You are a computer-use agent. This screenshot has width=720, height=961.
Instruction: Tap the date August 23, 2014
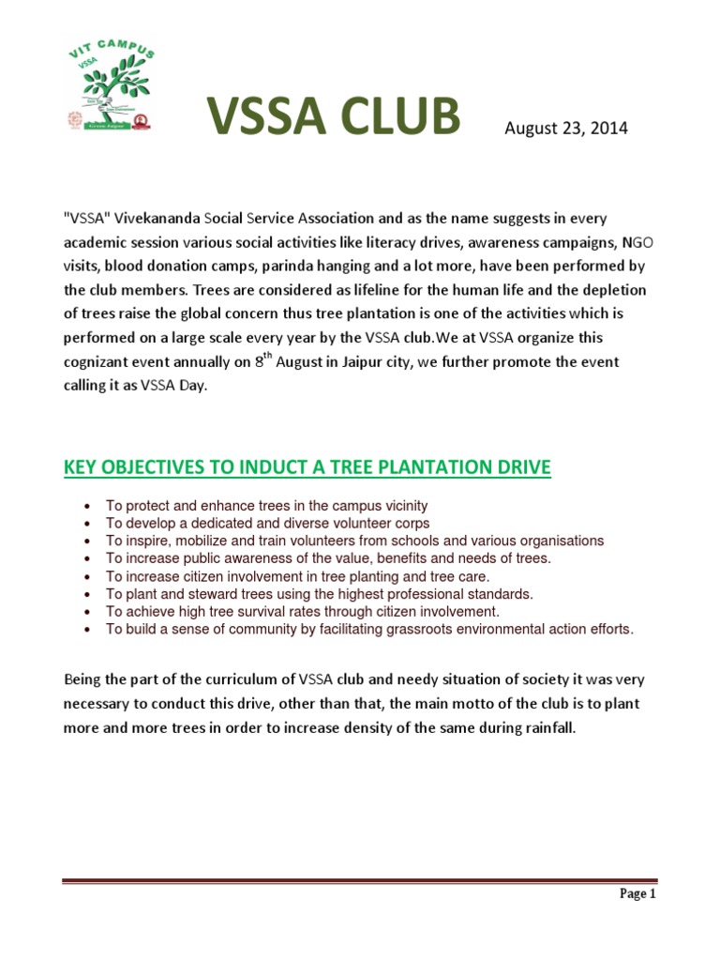[x=566, y=129]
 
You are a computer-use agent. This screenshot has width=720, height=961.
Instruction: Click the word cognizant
[x=101, y=361]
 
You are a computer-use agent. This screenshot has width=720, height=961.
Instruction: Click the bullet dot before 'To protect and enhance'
[x=87, y=506]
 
